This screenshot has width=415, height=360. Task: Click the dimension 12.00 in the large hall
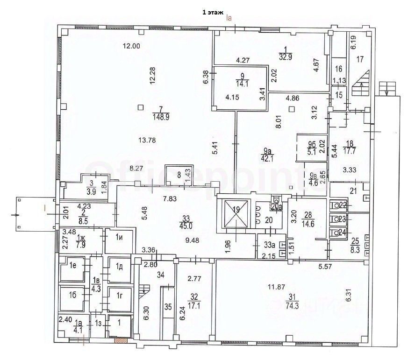(131, 46)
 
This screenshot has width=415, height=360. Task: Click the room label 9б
(312, 144)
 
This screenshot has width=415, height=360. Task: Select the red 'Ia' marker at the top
(229, 19)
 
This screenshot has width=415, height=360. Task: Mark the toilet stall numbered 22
(342, 205)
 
